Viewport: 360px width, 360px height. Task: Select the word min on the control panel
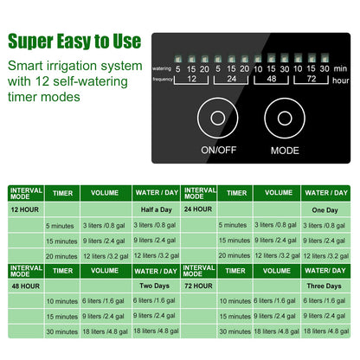[x=339, y=68]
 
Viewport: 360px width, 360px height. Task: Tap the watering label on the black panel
[x=162, y=68]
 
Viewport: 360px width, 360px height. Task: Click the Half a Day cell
[x=155, y=209]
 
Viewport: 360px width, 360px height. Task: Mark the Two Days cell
[x=155, y=285]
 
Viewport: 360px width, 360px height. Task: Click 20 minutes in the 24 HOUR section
[x=235, y=255]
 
